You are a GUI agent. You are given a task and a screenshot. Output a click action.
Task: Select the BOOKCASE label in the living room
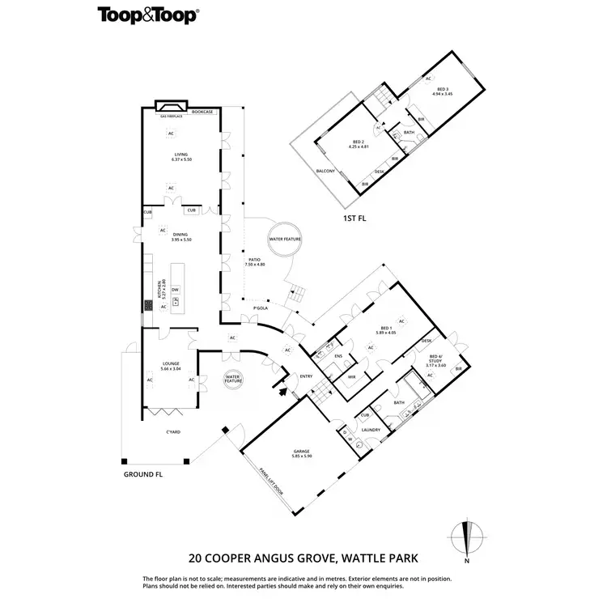(x=202, y=112)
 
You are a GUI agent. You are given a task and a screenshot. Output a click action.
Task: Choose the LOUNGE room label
(x=170, y=363)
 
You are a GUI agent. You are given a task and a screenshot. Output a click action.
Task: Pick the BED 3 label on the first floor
(x=442, y=89)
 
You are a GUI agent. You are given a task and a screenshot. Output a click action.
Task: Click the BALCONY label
(x=325, y=172)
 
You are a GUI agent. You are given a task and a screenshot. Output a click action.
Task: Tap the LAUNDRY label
(x=371, y=431)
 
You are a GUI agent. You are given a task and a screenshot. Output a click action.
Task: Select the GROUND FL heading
(x=143, y=474)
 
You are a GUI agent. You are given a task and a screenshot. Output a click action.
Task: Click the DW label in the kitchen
(x=175, y=289)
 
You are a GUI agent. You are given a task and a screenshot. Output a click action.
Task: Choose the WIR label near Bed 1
(x=352, y=376)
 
